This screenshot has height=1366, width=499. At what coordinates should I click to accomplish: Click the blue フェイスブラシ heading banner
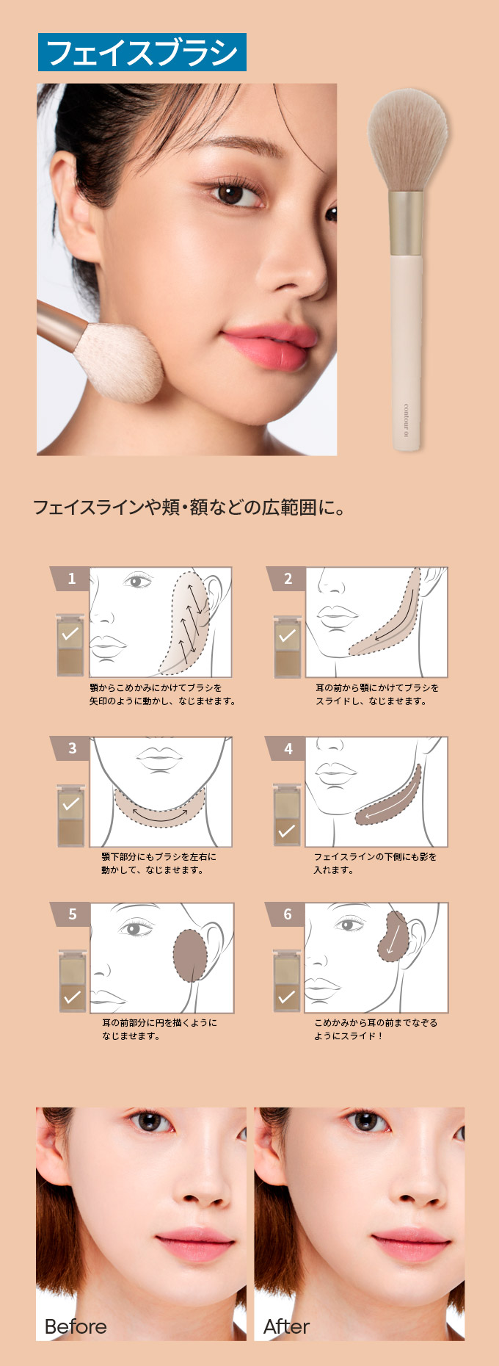142,52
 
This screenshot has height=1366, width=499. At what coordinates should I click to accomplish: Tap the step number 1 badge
70,579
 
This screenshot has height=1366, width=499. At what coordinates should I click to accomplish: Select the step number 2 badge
287,579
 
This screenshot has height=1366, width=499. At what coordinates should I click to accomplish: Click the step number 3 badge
71,748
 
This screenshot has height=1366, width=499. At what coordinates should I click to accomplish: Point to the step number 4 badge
287,748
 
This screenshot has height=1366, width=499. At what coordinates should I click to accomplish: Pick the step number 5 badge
71,914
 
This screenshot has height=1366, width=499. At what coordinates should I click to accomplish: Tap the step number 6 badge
287,914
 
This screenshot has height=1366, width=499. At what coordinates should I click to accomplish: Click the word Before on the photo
76,1326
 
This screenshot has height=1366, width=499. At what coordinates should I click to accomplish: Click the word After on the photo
286,1326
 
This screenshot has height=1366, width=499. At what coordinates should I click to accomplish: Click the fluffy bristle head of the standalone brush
408,141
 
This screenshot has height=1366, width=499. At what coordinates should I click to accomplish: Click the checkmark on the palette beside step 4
287,831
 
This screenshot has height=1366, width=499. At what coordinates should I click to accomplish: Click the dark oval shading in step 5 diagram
190,955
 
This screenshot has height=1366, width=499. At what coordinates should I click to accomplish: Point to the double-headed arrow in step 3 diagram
160,814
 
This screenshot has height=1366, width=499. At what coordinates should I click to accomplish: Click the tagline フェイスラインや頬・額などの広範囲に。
189,507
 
